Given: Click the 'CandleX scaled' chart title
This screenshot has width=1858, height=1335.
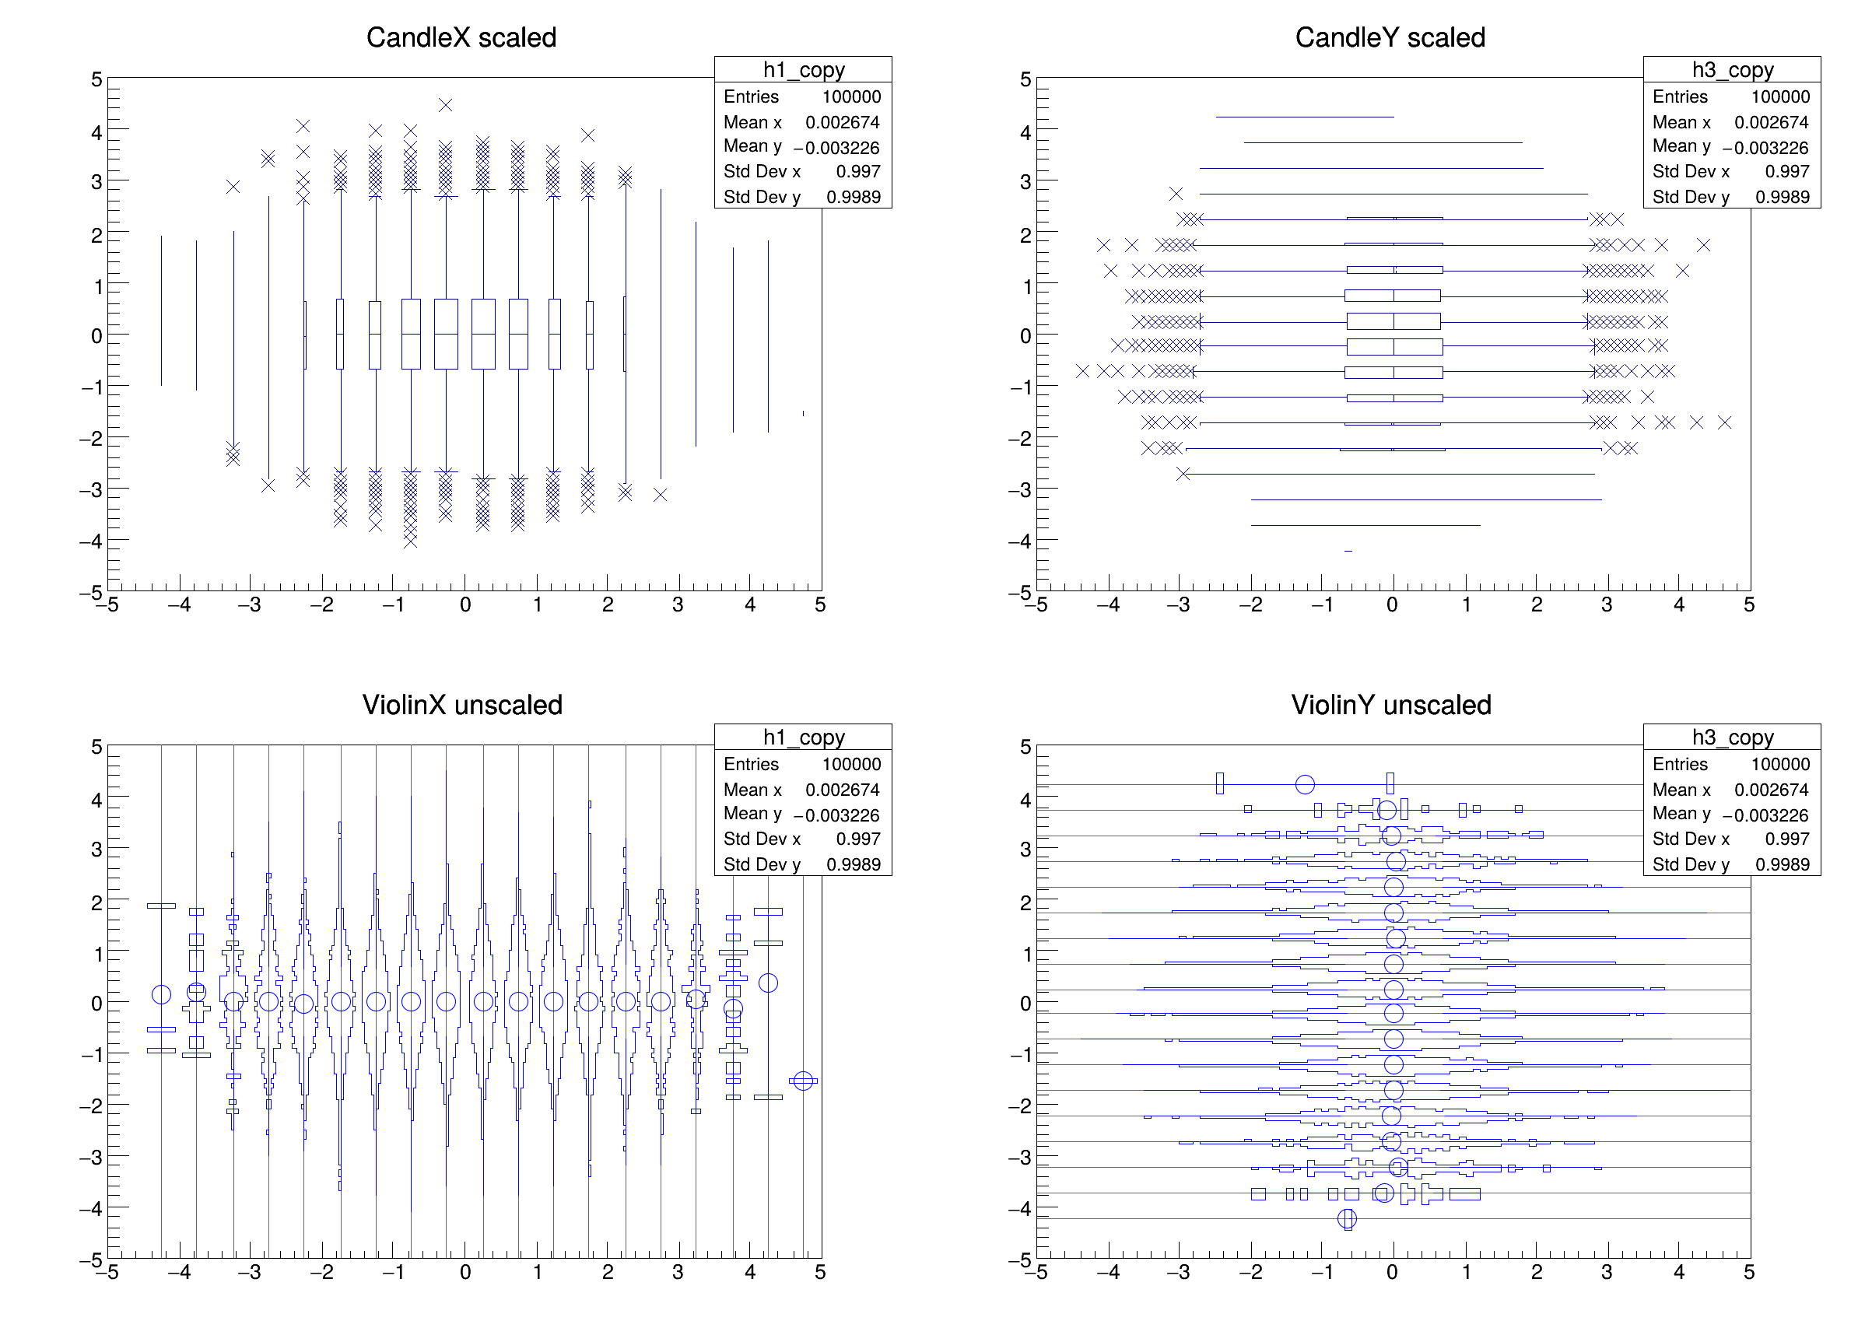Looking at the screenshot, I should point(461,37).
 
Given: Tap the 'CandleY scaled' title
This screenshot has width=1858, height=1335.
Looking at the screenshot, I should point(1390,37).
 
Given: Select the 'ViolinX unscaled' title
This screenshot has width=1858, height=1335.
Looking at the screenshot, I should point(462,705).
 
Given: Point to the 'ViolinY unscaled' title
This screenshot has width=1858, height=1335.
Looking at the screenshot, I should point(1390,705).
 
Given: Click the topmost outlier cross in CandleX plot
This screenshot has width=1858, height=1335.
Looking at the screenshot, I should point(445,105).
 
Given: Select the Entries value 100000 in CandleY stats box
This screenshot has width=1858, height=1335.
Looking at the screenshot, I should point(1779,96).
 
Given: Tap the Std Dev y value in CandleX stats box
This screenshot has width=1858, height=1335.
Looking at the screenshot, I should point(853,197).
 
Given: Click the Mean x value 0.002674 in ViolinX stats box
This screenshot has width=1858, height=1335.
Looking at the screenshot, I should point(841,790).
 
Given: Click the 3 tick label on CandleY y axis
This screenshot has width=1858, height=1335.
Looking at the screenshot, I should point(1025,182).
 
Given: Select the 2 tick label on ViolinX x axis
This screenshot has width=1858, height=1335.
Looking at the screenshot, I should point(607,1273).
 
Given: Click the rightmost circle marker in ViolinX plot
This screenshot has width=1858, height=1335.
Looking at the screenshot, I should point(803,1081).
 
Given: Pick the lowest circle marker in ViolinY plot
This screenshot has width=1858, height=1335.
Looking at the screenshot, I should point(1347,1219).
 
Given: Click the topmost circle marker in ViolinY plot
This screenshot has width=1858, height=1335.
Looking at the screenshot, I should point(1305,785).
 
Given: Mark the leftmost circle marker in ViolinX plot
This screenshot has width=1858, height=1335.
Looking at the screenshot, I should point(161,994).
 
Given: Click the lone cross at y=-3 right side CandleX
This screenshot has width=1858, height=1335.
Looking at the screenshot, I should point(661,495).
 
